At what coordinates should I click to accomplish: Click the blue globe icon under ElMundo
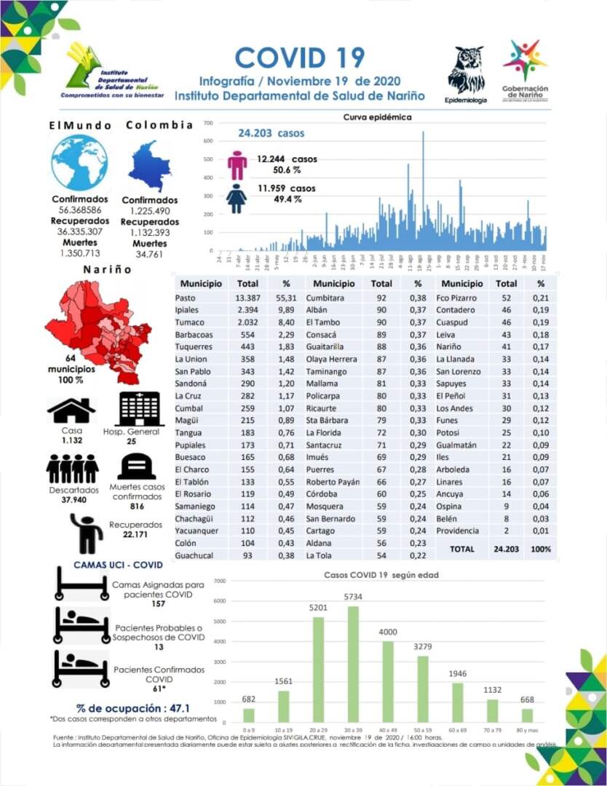(x=79, y=162)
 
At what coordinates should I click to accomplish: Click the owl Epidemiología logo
(x=466, y=71)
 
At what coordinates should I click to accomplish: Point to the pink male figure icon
(x=237, y=165)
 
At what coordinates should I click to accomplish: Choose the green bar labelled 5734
(x=354, y=665)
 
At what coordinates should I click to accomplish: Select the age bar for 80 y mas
(x=528, y=715)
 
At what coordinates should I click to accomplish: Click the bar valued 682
(x=249, y=715)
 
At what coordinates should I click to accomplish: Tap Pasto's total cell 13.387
(x=248, y=298)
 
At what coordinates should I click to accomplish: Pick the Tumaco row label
(x=189, y=322)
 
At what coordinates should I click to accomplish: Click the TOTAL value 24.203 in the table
(x=506, y=549)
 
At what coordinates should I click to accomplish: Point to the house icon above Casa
(x=71, y=410)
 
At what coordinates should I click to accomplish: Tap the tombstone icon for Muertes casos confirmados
(x=137, y=467)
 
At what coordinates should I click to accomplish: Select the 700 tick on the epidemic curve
(x=207, y=123)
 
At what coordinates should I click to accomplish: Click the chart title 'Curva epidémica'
(x=377, y=117)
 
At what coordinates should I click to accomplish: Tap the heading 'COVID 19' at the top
(x=299, y=57)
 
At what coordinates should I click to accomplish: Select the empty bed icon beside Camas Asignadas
(x=82, y=582)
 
